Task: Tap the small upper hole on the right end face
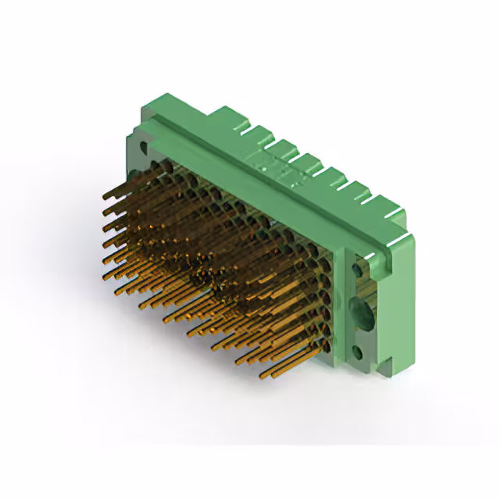360,269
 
